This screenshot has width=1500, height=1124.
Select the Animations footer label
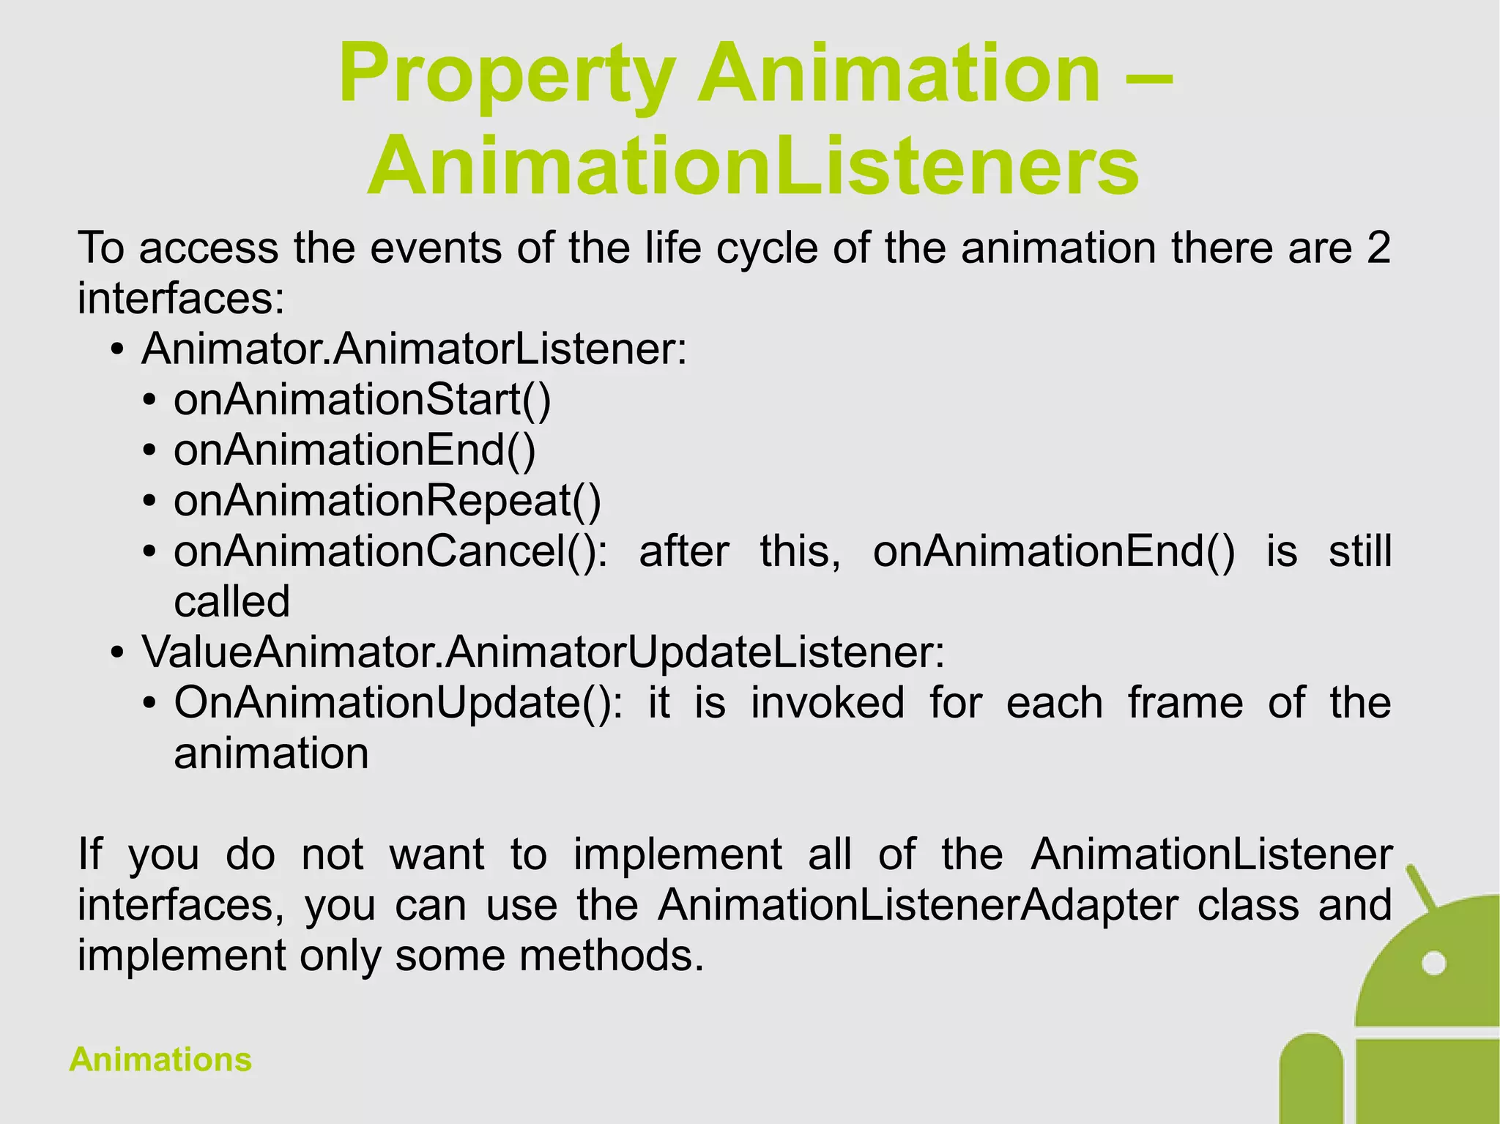coord(160,1060)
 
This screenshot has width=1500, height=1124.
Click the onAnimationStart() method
coord(362,400)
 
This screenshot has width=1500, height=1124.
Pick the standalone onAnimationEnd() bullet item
coord(354,450)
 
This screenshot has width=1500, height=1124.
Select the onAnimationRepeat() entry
coord(387,502)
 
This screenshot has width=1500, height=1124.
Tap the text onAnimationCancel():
coord(390,551)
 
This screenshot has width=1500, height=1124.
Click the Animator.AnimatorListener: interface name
coord(415,349)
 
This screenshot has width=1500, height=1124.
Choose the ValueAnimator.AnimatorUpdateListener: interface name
coord(543,652)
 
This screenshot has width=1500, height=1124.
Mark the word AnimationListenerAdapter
coord(918,905)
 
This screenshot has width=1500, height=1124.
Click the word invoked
coord(828,703)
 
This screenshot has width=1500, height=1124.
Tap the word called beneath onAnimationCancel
coord(231,603)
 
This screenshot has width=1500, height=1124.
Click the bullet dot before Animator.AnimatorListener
coord(117,350)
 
